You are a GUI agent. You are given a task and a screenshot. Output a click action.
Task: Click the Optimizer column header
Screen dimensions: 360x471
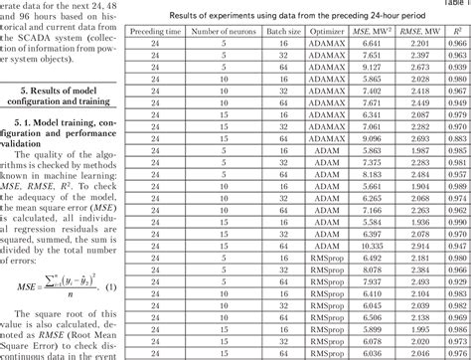(326, 32)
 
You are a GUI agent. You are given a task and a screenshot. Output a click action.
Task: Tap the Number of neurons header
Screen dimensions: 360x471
(211, 32)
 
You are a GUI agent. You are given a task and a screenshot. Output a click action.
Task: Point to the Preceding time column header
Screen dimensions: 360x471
(149, 32)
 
